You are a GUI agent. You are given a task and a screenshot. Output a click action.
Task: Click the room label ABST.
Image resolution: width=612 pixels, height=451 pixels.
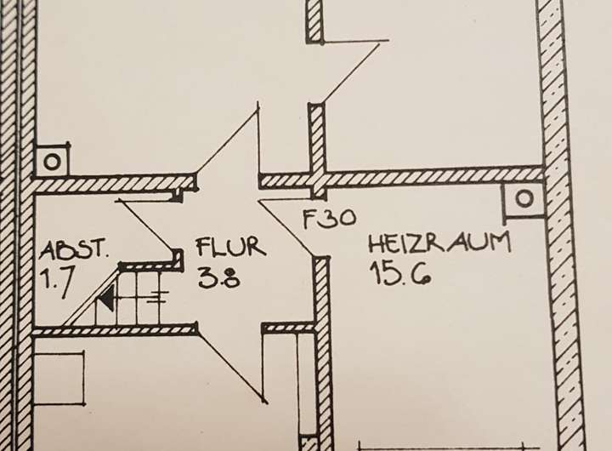click(x=75, y=250)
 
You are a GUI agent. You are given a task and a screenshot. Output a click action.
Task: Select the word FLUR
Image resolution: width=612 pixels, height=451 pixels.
click(x=231, y=248)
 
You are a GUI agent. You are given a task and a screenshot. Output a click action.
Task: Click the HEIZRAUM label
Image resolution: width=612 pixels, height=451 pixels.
click(x=439, y=244)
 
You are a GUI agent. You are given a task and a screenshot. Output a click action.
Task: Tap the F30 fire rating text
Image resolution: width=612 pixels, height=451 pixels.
click(x=329, y=218)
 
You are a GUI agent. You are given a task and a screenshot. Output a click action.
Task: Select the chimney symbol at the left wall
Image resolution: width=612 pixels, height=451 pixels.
click(x=52, y=159)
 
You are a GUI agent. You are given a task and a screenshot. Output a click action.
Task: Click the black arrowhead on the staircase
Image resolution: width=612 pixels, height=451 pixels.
click(x=105, y=299)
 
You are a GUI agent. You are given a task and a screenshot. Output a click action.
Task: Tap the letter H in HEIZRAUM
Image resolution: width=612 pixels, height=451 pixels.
click(x=375, y=244)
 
